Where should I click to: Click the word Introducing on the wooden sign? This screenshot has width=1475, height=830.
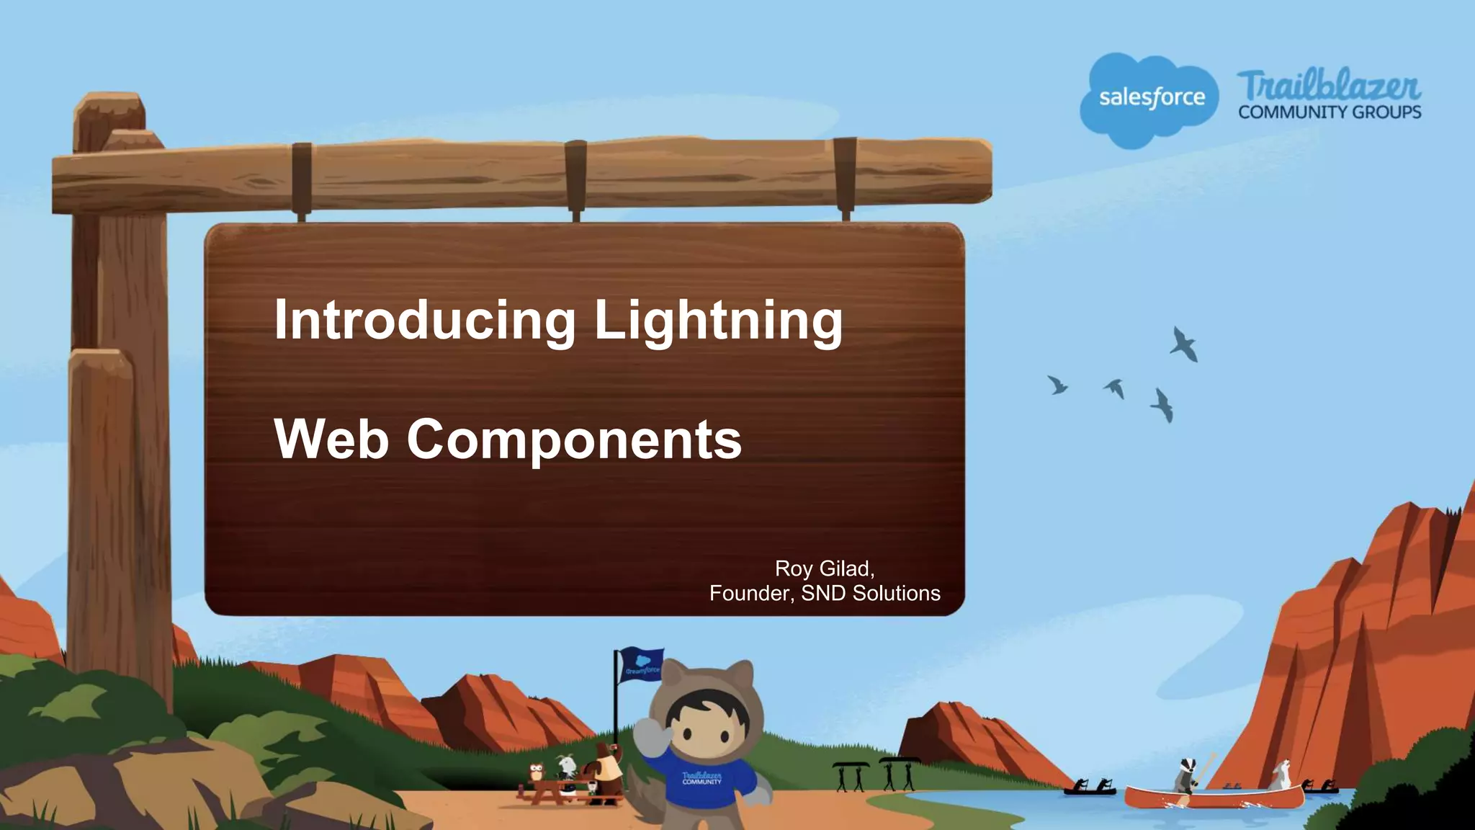pos(425,320)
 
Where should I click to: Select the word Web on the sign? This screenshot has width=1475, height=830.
pos(331,439)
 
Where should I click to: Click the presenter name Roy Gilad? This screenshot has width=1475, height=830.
pos(824,568)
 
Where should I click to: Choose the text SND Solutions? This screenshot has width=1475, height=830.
pos(871,593)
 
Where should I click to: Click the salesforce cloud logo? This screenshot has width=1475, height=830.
pos(1150,99)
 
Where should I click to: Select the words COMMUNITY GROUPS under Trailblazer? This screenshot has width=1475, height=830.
pos(1330,112)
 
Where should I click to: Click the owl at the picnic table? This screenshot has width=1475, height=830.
pos(537,775)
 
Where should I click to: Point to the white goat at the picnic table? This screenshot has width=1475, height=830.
pos(567,767)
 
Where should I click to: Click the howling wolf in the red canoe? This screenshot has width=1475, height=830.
pos(1279,775)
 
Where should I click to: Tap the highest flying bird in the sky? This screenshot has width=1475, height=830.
pos(1183,344)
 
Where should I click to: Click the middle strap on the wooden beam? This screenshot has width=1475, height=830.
pos(575,177)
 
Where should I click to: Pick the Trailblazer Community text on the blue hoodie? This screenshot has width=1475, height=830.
pos(701,778)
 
